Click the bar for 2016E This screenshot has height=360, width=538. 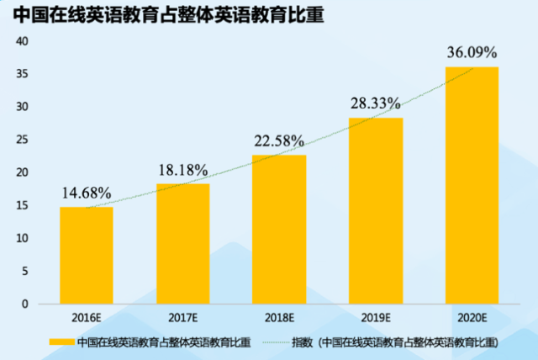(x=86, y=255)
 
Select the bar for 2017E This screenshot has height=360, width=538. (x=182, y=244)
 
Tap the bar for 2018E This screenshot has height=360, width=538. (x=279, y=229)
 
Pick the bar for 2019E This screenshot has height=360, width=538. (x=376, y=210)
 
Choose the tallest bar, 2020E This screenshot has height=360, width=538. (x=472, y=185)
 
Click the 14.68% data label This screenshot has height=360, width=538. (x=87, y=193)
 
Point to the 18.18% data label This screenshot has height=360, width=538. (x=183, y=170)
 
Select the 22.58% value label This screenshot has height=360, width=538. (x=279, y=140)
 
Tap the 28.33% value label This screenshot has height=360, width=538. (x=375, y=103)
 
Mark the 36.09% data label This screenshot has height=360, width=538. (x=472, y=52)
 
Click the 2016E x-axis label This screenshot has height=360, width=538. (x=87, y=318)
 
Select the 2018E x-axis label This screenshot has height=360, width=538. (x=279, y=318)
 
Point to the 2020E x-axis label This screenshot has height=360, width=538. (x=472, y=318)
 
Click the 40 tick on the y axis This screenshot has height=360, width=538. (x=22, y=41)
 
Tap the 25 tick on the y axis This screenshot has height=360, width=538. (x=22, y=140)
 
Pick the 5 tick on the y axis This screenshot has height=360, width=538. (x=24, y=271)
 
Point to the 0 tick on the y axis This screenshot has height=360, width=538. (x=24, y=304)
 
